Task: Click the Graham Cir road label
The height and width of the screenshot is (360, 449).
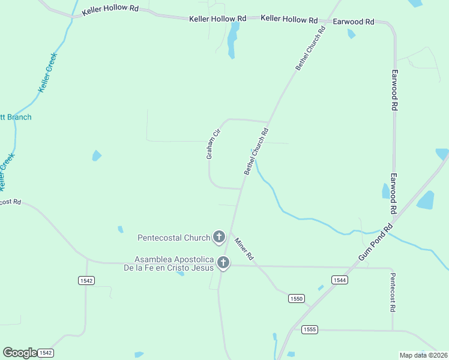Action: [214, 144]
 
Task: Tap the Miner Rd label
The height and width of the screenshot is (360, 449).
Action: [244, 248]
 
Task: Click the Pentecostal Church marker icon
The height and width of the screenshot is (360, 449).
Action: [219, 237]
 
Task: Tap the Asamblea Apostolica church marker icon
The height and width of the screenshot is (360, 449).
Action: [223, 262]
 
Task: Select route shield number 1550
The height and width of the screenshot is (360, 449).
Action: [297, 298]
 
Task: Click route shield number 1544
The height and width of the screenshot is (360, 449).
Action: [340, 280]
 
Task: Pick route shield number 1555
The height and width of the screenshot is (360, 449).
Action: [309, 329]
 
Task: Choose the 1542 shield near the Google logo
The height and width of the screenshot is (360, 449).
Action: [46, 353]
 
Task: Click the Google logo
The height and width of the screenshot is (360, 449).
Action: [19, 353]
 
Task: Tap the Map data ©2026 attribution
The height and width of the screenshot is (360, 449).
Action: [423, 355]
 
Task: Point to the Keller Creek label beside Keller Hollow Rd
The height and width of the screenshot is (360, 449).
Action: [47, 73]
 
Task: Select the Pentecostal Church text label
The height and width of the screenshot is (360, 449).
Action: [173, 238]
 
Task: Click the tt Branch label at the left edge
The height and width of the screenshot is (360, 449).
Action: [16, 117]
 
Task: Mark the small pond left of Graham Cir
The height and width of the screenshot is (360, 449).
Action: [96, 156]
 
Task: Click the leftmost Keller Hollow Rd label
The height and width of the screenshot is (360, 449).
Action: [111, 11]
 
